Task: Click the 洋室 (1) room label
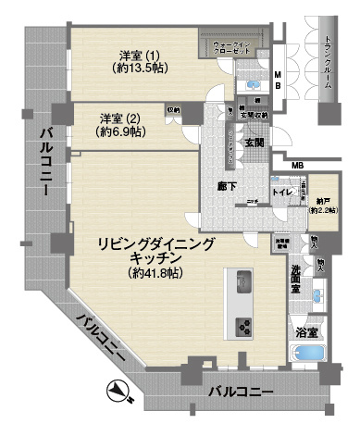click(140, 53)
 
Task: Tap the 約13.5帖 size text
click(140, 68)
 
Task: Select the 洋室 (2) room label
click(120, 118)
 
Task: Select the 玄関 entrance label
click(254, 143)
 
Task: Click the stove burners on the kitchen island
click(244, 324)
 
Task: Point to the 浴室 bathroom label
click(306, 331)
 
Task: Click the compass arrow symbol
click(118, 393)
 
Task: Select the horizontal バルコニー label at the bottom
click(240, 392)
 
